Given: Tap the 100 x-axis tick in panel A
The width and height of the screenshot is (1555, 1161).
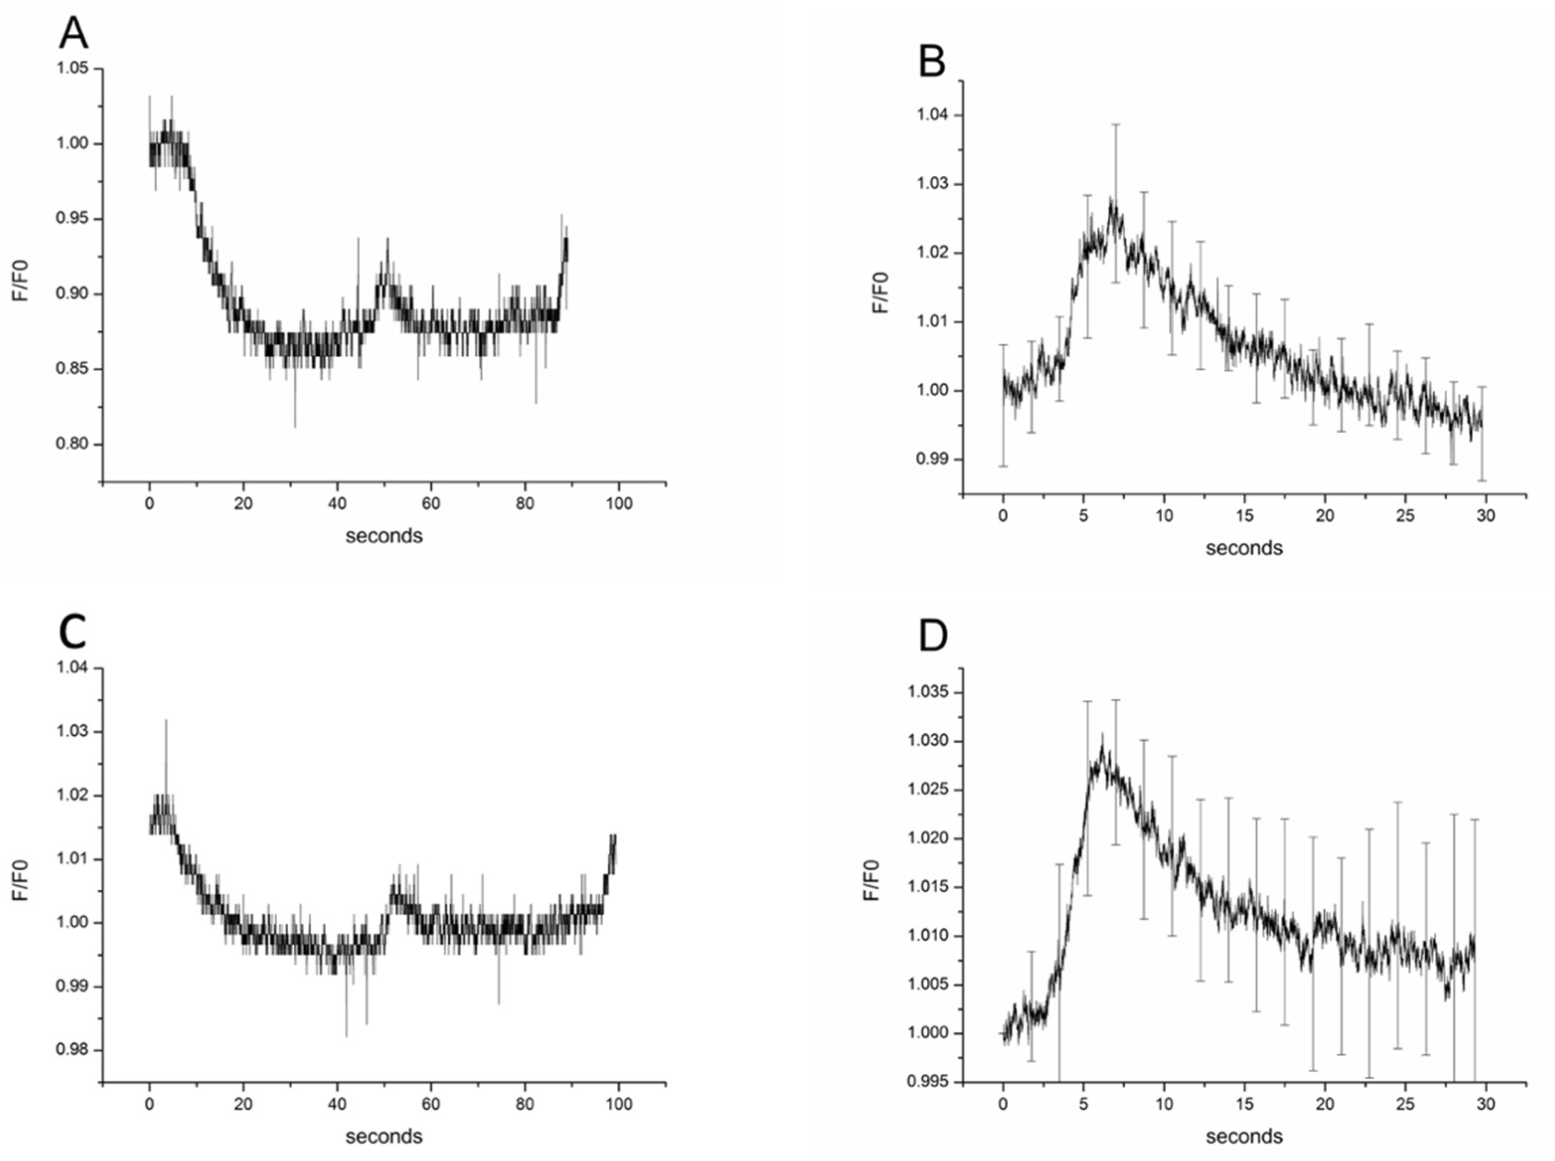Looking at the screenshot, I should [619, 503].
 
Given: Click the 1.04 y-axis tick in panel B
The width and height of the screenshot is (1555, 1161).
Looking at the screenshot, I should [932, 115].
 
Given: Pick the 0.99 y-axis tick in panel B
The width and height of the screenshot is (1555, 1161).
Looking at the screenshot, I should [932, 459].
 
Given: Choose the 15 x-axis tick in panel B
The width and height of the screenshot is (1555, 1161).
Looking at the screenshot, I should [1244, 515].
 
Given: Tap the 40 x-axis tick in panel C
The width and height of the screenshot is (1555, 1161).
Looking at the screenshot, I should [337, 1104].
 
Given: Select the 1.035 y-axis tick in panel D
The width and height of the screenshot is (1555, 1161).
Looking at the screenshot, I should [928, 692].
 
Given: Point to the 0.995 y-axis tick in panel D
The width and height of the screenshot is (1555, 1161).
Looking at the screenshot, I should [928, 1081].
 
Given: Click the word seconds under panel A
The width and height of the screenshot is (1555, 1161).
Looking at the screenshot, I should [384, 536].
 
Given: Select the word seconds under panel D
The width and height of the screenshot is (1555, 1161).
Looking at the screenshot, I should [1243, 1136].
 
